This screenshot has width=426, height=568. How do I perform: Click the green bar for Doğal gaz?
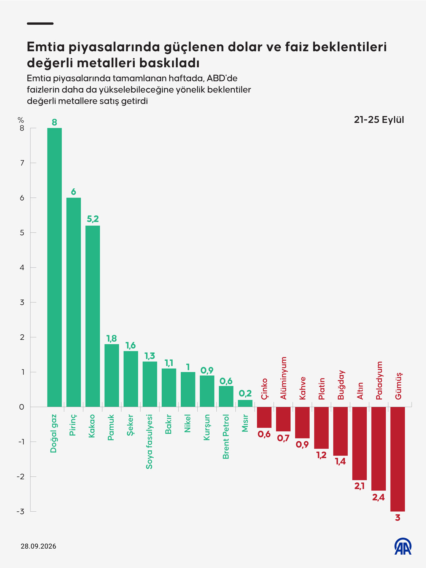coord(54,267)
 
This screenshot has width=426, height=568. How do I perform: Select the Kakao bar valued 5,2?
coord(92,316)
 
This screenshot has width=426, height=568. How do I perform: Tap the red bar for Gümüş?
coord(397,459)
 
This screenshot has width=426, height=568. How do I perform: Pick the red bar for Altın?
coord(359,444)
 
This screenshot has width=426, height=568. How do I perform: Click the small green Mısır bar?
coord(245,403)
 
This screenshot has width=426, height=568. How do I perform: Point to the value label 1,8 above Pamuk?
coord(111,338)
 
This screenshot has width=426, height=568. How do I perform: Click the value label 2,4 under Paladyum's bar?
coord(378,497)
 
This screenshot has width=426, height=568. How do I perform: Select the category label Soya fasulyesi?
coord(149,442)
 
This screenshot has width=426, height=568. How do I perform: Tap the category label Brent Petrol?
coord(226,436)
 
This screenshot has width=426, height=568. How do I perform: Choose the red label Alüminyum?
coord(283,378)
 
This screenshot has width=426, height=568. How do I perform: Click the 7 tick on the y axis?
coord(22,163)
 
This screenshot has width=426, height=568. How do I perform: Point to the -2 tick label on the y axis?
coord(21,477)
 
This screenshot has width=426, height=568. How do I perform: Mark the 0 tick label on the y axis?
coord(22,407)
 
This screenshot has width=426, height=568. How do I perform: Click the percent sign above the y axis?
coord(21,120)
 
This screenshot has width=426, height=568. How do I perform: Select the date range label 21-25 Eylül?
coord(379,120)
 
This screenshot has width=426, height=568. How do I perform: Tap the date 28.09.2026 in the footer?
coord(38,546)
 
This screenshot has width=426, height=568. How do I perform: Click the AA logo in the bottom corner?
coord(403,546)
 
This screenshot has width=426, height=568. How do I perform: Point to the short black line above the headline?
coord(40,24)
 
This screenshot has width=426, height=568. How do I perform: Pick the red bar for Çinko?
coord(264,417)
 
